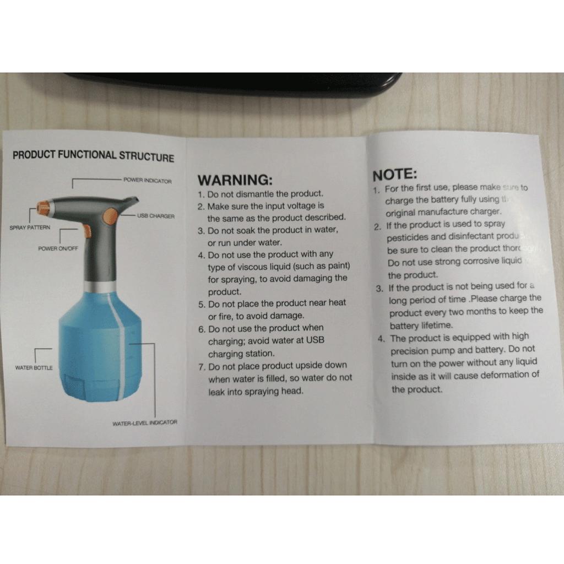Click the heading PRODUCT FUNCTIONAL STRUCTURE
click(93, 155)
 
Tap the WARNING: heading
click(235, 180)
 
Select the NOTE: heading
click(395, 175)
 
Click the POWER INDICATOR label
click(147, 181)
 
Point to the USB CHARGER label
click(156, 216)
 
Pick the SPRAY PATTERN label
click(30, 227)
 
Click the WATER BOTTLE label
click(34, 367)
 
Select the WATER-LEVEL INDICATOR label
click(145, 423)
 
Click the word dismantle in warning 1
click(254, 194)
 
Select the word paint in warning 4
click(338, 267)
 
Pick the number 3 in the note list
click(379, 288)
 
